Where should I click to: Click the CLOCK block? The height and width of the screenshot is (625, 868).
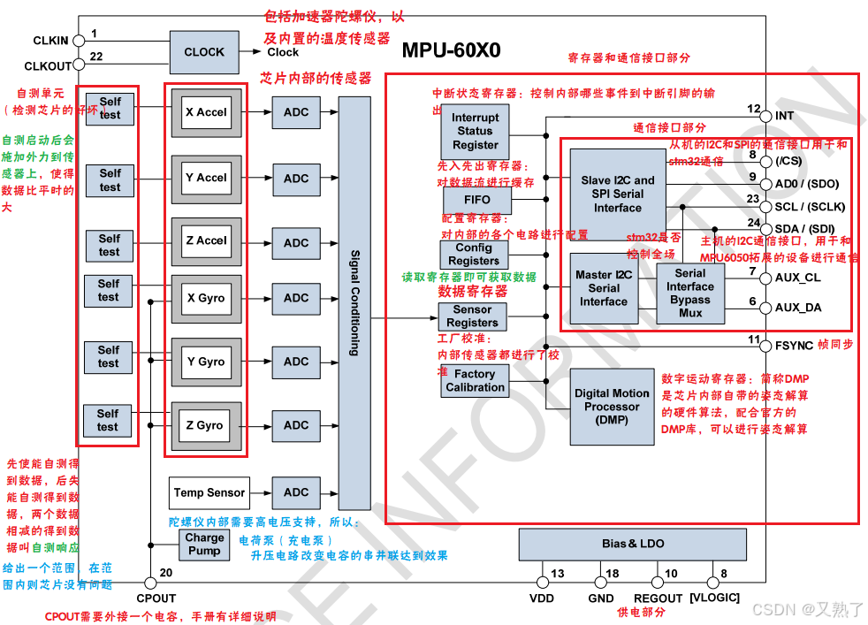[x=204, y=52]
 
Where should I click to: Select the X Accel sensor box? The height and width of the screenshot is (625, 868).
[x=206, y=112]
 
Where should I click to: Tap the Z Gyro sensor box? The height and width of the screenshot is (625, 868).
[x=205, y=425]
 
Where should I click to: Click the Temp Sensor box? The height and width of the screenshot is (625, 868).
[x=209, y=492]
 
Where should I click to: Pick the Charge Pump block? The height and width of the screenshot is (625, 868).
[x=204, y=544]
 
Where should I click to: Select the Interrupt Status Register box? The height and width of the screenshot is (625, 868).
[x=476, y=131]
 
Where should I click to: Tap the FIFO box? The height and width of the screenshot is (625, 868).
[x=477, y=200]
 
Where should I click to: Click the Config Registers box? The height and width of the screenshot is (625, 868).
[x=474, y=255]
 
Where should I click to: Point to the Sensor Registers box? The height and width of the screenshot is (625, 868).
[x=473, y=316]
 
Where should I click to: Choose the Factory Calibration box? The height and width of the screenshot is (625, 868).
[x=475, y=380]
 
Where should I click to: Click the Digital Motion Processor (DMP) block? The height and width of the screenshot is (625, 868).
[x=612, y=407]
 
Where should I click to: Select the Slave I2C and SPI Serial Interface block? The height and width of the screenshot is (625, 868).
[x=617, y=194]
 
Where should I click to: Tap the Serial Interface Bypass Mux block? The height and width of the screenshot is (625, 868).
[x=690, y=293]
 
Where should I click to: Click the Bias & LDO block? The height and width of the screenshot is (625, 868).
[x=633, y=544]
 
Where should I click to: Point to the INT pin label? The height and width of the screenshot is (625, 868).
[x=784, y=116]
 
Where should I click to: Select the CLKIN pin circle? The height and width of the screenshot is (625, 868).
[x=79, y=41]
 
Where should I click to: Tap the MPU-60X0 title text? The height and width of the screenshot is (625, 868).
[x=451, y=50]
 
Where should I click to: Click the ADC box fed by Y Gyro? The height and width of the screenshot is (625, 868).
[x=296, y=362]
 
